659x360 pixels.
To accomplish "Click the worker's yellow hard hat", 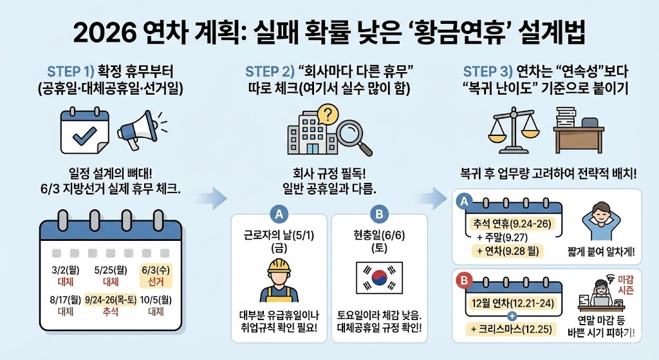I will coord(279,266).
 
